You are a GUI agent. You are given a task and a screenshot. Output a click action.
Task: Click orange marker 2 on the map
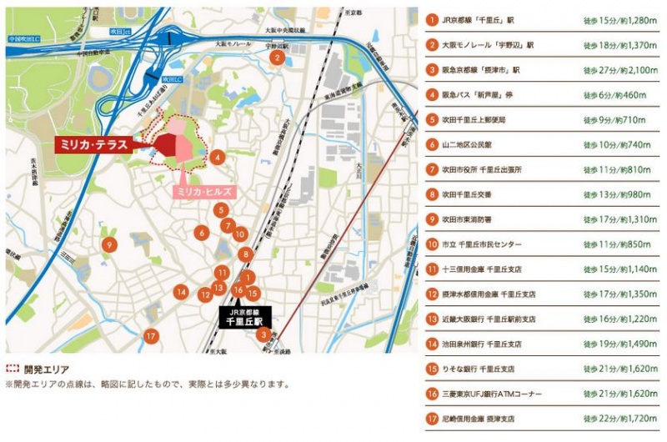coord(276,58)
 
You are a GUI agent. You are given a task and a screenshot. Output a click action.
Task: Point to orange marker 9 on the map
coord(108,244)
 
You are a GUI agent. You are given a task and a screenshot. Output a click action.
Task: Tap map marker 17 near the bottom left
coord(151,335)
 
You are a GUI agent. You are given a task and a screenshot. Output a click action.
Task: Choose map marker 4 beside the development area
coord(216,156)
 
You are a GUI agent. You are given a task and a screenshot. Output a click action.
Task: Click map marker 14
coord(180,292)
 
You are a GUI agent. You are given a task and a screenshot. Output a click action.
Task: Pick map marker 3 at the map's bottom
coord(263,335)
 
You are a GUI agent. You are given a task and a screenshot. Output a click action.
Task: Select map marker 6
coord(201,233)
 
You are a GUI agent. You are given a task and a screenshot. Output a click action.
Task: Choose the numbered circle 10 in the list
coord(432,244)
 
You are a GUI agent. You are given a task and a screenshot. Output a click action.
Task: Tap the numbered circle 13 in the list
coord(432,319)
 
